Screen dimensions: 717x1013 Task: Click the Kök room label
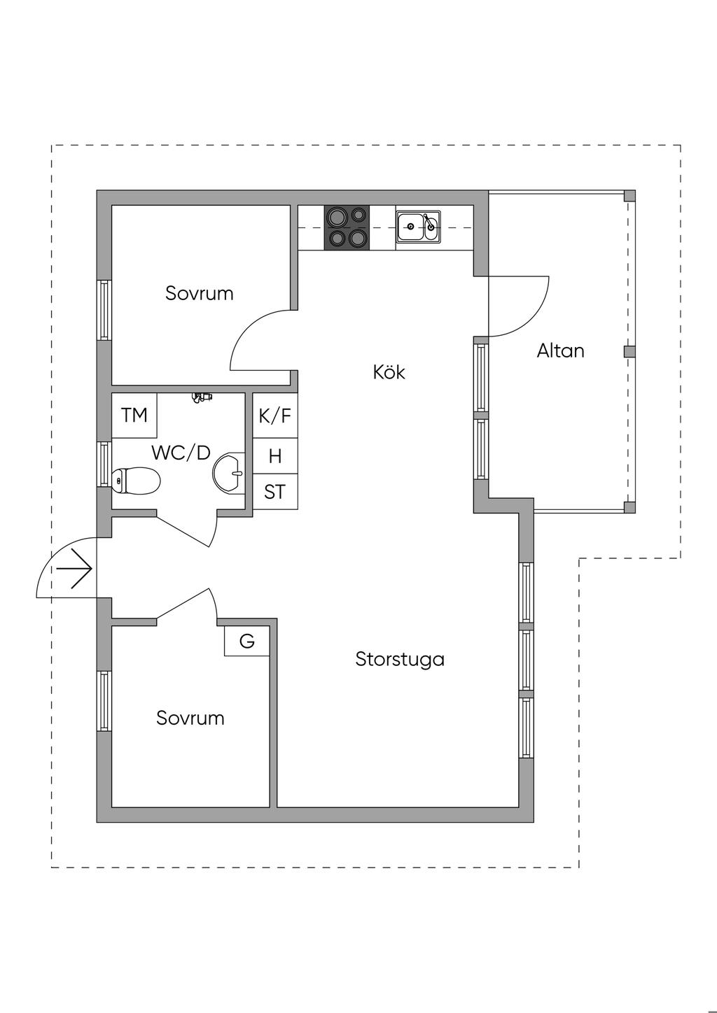pos(389,371)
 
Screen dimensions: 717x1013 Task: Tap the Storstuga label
pos(400,659)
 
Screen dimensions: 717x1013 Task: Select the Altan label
pos(560,350)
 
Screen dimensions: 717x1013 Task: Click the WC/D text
pos(181,453)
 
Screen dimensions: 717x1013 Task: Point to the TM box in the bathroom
pos(134,416)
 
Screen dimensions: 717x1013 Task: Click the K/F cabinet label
pos(275,416)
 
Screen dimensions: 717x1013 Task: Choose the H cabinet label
pos(275,456)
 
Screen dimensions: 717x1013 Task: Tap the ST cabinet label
pos(275,493)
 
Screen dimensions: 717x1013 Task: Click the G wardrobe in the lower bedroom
pos(247,641)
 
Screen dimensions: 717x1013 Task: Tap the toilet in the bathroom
pos(136,481)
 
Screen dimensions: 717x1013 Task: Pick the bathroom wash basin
pos(228,472)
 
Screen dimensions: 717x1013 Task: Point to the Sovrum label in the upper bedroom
pos(200,293)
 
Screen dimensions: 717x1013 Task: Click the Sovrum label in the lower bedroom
pos(190,718)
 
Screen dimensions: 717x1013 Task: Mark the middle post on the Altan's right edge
pos(629,351)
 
